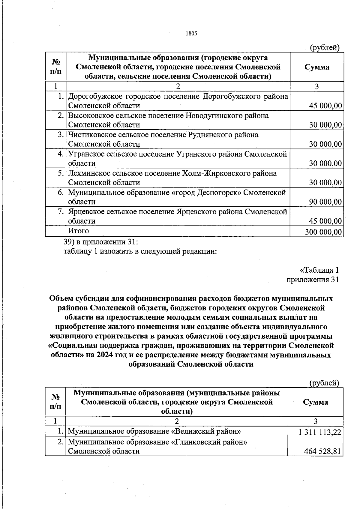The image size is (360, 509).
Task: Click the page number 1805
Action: (191, 34)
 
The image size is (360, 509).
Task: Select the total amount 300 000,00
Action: (323, 232)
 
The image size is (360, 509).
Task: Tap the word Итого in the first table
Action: (79, 231)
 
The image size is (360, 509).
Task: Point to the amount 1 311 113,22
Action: (320, 432)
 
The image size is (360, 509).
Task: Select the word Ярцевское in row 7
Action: (87, 212)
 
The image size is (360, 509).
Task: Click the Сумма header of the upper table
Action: (317, 67)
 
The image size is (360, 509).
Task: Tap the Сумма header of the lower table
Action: (315, 402)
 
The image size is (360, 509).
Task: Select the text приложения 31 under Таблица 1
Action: (313, 280)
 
